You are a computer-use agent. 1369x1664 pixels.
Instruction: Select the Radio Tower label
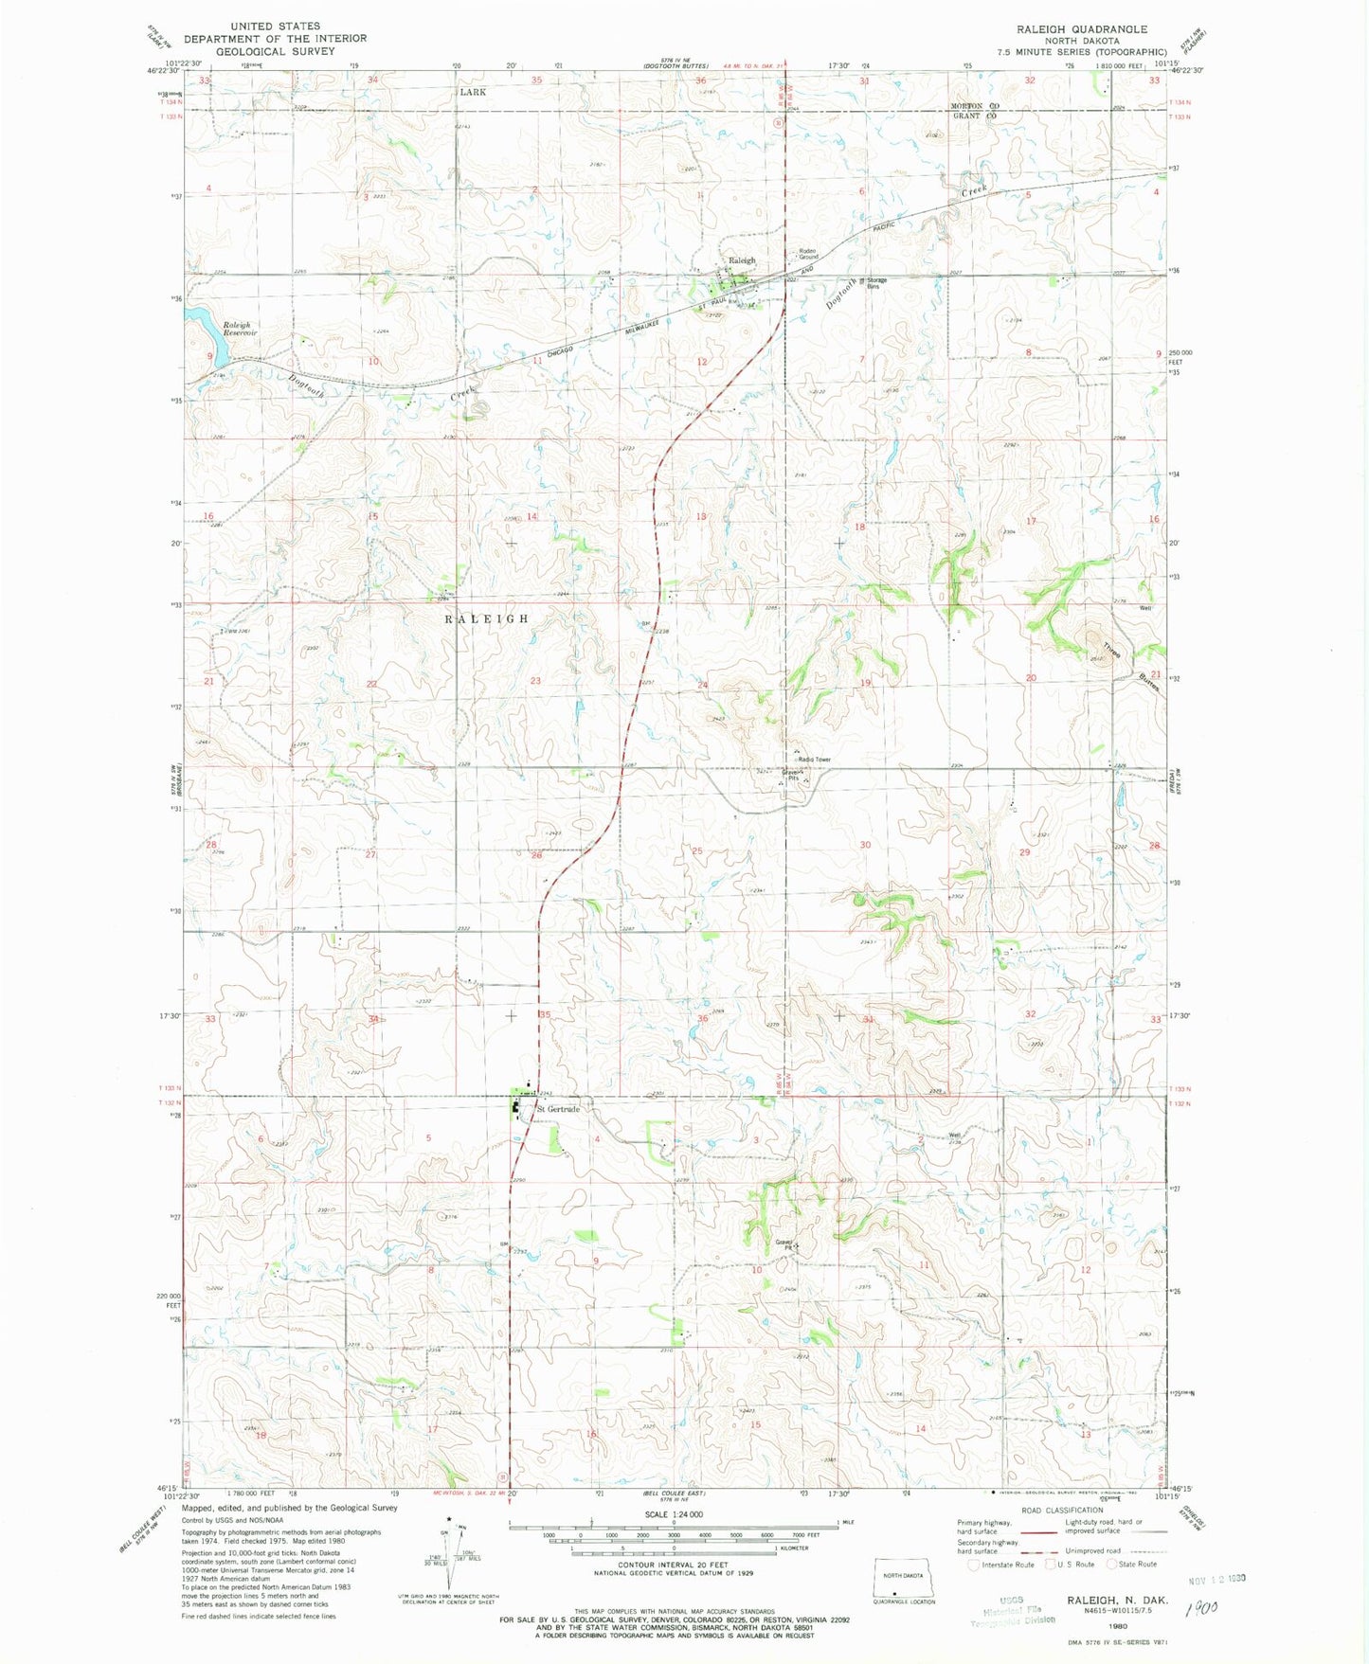[813, 760]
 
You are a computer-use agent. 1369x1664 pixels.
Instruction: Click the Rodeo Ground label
[807, 254]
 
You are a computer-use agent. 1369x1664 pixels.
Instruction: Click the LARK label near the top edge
[472, 92]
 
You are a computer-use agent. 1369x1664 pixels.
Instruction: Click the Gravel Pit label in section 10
[784, 1244]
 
